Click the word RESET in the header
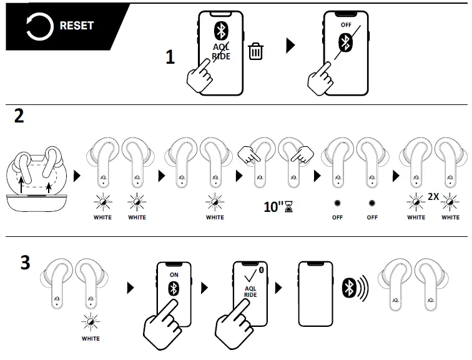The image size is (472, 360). [x=76, y=26]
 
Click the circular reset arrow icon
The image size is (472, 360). [x=39, y=26]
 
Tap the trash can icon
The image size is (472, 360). [x=255, y=51]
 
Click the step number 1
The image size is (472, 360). [x=170, y=57]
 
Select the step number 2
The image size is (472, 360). [x=19, y=116]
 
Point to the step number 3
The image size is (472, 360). [x=24, y=262]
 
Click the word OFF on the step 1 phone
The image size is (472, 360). [x=346, y=24]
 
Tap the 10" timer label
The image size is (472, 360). [x=272, y=207]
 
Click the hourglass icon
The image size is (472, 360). [x=288, y=207]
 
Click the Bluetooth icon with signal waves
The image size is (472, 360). [x=355, y=288]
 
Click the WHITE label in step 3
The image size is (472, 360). [x=91, y=339]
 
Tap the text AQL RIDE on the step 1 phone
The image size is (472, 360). [x=220, y=52]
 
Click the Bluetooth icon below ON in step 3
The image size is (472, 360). [x=174, y=289]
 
